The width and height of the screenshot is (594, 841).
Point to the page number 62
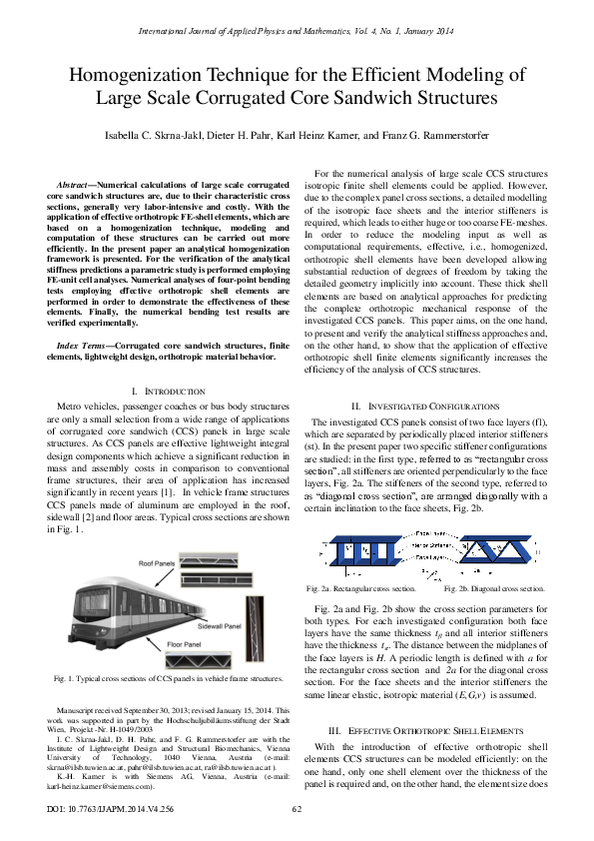297,809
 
